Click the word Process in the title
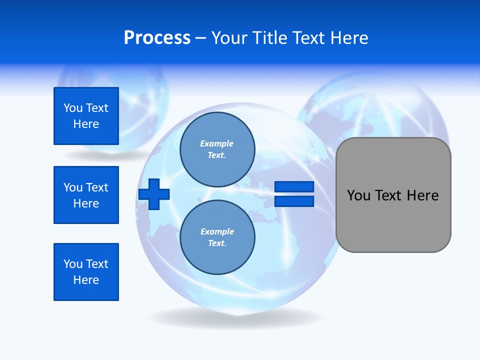(x=157, y=38)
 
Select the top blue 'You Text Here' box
(x=86, y=116)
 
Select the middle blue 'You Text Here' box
(x=86, y=195)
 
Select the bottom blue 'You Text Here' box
(x=86, y=272)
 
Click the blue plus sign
(x=154, y=193)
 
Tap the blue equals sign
(x=294, y=194)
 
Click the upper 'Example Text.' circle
(x=217, y=149)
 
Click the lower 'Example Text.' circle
(x=217, y=237)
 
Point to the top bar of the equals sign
(x=294, y=186)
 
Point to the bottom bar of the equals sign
(x=294, y=201)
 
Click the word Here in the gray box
(x=422, y=195)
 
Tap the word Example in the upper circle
(x=217, y=143)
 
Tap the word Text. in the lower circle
(x=217, y=243)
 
